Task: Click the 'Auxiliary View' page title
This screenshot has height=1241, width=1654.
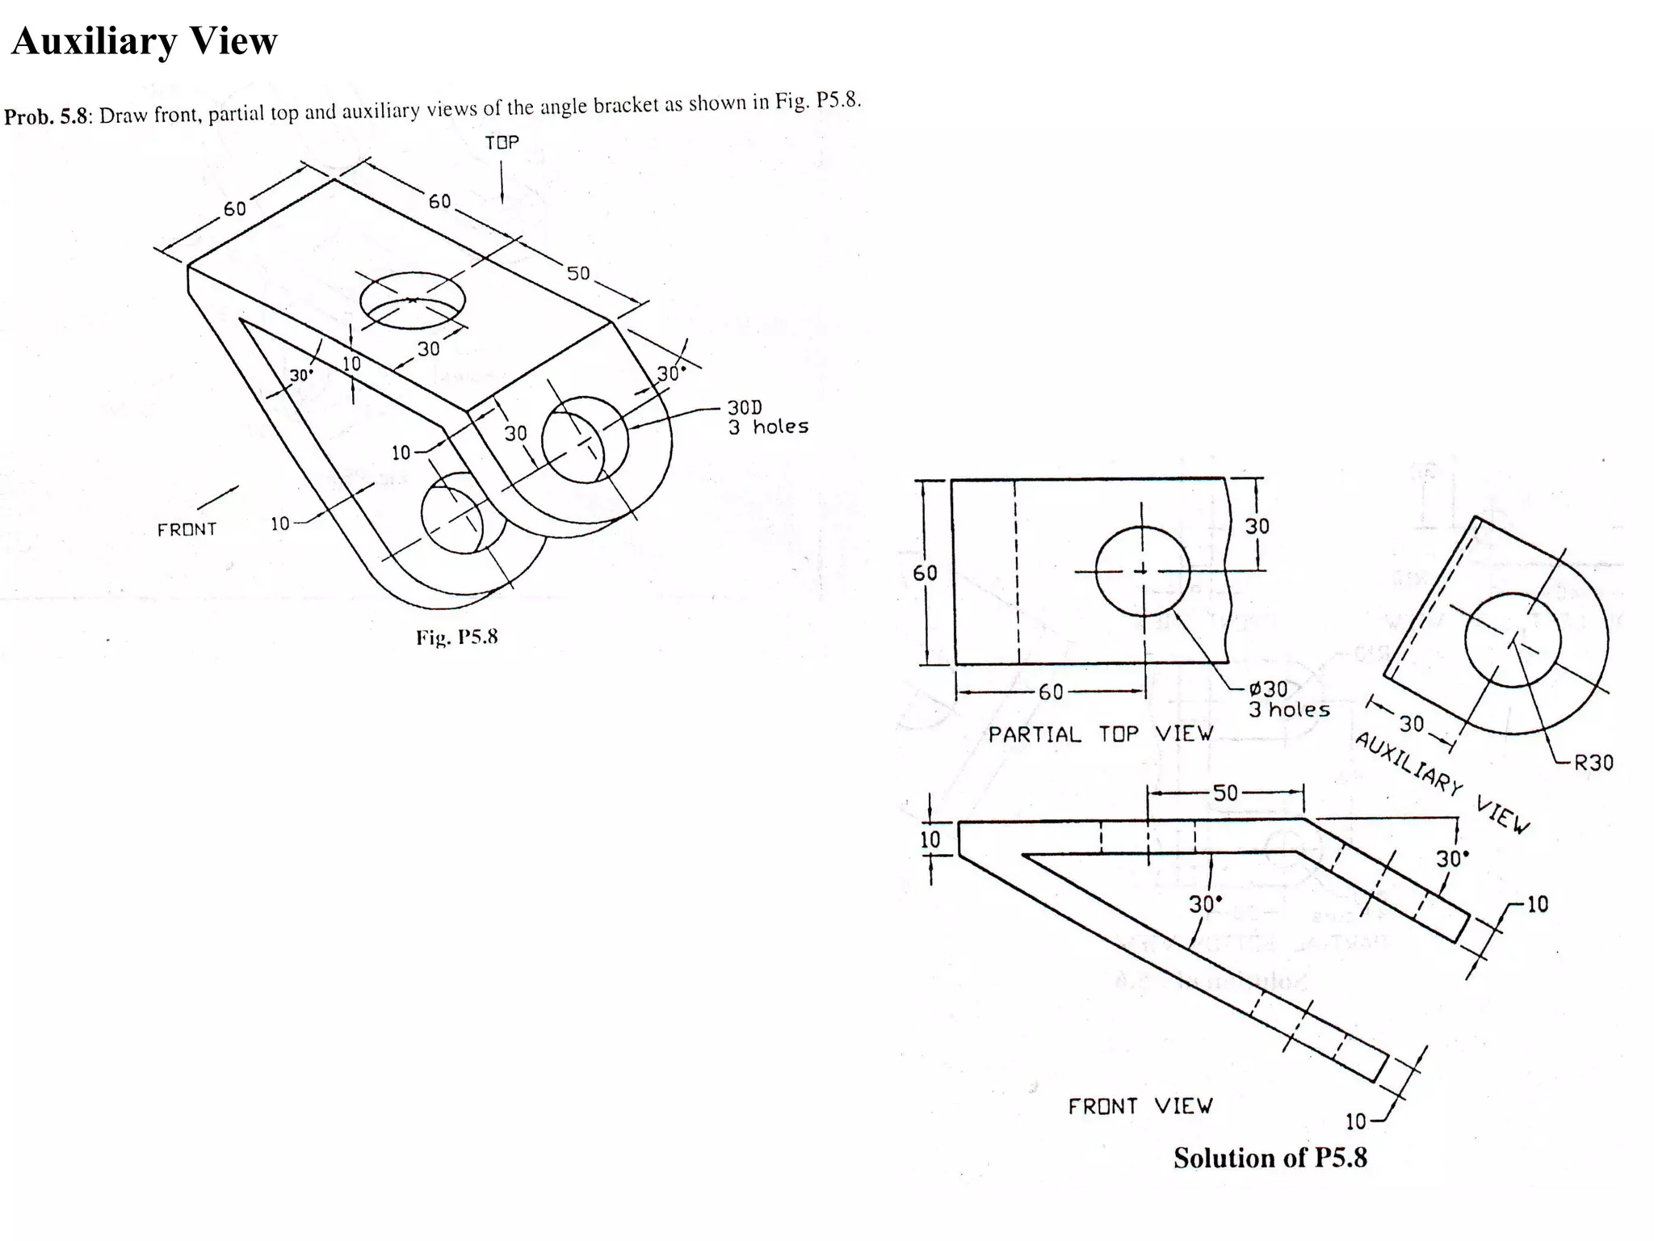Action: pyautogui.click(x=144, y=41)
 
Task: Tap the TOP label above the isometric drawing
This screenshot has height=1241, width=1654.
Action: pyautogui.click(x=502, y=143)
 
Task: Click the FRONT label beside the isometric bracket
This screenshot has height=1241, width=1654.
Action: pyautogui.click(x=187, y=530)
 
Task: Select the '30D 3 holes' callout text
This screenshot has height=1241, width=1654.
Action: pyautogui.click(x=766, y=417)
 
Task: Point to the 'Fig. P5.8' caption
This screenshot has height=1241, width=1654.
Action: pyautogui.click(x=456, y=637)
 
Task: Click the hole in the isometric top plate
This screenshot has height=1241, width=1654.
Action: pyautogui.click(x=413, y=300)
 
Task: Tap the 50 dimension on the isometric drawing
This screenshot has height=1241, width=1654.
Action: pyautogui.click(x=578, y=273)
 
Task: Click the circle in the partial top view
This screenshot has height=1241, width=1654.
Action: pyautogui.click(x=1142, y=570)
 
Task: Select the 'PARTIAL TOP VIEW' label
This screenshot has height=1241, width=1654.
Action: pyautogui.click(x=1101, y=734)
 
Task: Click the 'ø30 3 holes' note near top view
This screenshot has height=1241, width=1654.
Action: pyautogui.click(x=1287, y=700)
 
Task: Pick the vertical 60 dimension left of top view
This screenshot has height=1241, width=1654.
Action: pyautogui.click(x=926, y=573)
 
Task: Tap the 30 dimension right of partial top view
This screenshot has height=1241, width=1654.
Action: pyautogui.click(x=1257, y=527)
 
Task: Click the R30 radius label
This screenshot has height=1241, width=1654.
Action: pyautogui.click(x=1593, y=763)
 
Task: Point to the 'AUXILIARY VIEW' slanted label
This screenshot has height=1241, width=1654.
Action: pyautogui.click(x=1442, y=782)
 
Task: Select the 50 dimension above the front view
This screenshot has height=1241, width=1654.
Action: pyautogui.click(x=1225, y=793)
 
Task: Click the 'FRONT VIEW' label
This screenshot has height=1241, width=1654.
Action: pyautogui.click(x=1140, y=1106)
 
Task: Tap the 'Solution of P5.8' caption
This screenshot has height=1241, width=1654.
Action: pyautogui.click(x=1270, y=1158)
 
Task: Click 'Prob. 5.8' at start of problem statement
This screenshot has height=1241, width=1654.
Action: pyautogui.click(x=46, y=116)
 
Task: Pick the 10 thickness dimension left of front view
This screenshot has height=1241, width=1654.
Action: pyautogui.click(x=930, y=839)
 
